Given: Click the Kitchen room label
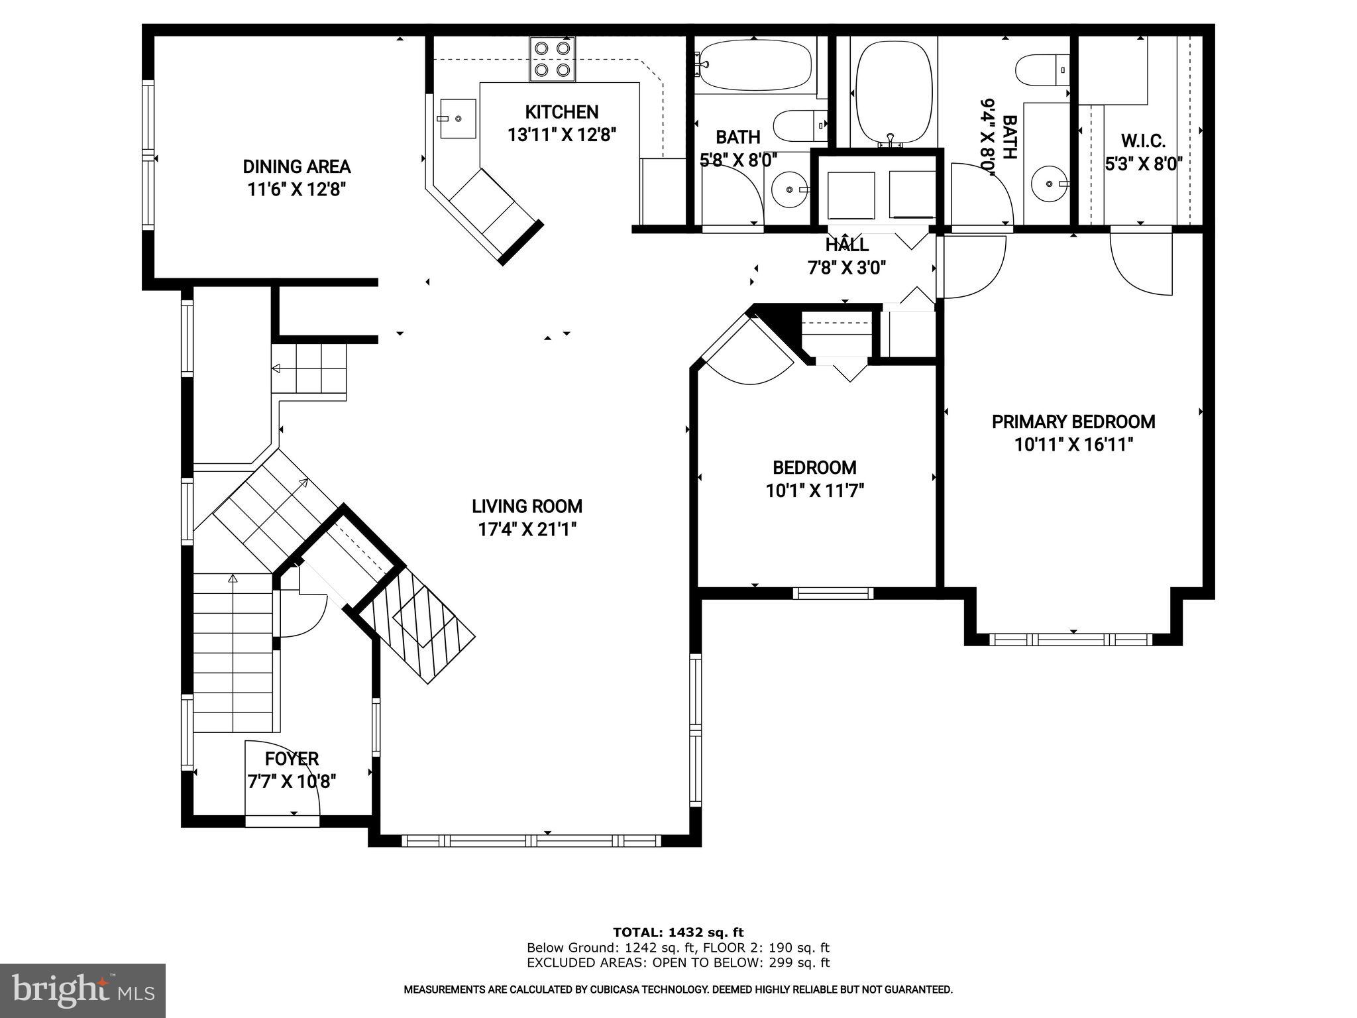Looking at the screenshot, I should point(561,111).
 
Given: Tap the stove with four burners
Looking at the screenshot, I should point(552,59).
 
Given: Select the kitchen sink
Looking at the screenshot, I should point(458,119).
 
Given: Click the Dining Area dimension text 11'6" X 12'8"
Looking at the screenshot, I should point(297,190).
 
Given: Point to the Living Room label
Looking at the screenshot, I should point(527,506).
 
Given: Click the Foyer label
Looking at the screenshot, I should point(292,758).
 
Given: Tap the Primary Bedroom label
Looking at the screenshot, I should point(1073,422).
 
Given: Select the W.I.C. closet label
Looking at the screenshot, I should point(1143,141).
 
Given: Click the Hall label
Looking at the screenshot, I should point(847,245).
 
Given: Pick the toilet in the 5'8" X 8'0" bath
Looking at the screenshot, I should point(800,126).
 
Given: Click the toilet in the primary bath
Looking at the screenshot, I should point(1042,70).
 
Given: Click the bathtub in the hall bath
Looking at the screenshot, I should point(755,65).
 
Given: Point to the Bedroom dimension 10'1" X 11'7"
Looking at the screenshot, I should point(814,491).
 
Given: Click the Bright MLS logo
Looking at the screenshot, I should point(83,990).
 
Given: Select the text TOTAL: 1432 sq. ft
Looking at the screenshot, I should point(678,933).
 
